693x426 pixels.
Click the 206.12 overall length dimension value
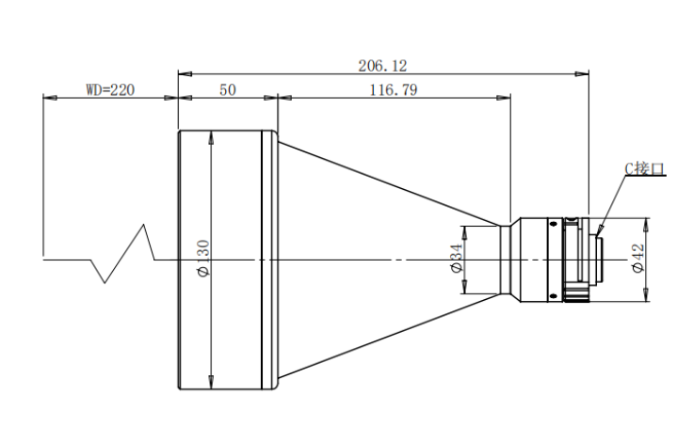(382, 66)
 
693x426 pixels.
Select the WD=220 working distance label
(110, 90)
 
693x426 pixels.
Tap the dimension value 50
(228, 90)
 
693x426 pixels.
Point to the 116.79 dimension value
(394, 90)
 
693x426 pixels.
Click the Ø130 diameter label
(203, 259)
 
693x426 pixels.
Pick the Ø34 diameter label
(457, 258)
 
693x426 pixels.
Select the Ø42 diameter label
(638, 259)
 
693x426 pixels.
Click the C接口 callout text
(644, 168)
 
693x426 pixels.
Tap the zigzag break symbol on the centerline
(122, 254)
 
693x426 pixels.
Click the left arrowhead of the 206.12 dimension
(185, 73)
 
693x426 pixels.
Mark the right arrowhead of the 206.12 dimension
(582, 73)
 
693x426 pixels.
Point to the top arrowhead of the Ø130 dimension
(211, 137)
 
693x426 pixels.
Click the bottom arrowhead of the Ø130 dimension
(211, 383)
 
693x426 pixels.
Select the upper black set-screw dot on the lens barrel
(553, 224)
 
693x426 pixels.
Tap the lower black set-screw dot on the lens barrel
(553, 295)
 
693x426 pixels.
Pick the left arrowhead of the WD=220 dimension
(50, 98)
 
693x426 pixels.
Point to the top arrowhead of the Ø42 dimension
(646, 225)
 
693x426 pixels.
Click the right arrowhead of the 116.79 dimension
(504, 98)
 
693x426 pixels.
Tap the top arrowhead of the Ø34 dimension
(464, 232)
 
